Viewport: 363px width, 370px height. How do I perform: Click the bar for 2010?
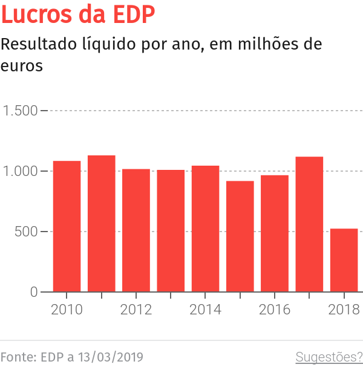pyautogui.click(x=67, y=227)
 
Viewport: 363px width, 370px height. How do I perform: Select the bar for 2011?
pyautogui.click(x=102, y=224)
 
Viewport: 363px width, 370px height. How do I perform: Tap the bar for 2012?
pyautogui.click(x=136, y=230)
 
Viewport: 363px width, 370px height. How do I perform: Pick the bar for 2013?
pyautogui.click(x=171, y=231)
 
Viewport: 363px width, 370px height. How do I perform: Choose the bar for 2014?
pyautogui.click(x=205, y=229)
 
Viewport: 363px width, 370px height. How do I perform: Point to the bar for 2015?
pyautogui.click(x=240, y=236)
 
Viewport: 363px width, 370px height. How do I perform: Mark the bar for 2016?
pyautogui.click(x=275, y=233)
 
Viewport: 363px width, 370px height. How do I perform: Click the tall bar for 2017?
pyautogui.click(x=309, y=224)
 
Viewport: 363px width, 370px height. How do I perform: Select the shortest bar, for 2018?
pyautogui.click(x=344, y=260)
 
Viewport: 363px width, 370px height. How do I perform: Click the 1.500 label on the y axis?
pyautogui.click(x=20, y=111)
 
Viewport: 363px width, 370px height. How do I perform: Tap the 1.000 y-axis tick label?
pyautogui.click(x=20, y=172)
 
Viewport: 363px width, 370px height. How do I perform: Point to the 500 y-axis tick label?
pyautogui.click(x=26, y=232)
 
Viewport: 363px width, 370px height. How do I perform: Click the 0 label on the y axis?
pyautogui.click(x=33, y=293)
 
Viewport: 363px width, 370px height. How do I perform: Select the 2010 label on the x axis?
pyautogui.click(x=67, y=310)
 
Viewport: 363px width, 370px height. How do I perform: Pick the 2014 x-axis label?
pyautogui.click(x=205, y=310)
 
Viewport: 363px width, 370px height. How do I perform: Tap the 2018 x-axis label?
pyautogui.click(x=344, y=310)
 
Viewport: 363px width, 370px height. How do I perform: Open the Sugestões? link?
pyautogui.click(x=329, y=357)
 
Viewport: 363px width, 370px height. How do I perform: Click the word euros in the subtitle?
pyautogui.click(x=22, y=65)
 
